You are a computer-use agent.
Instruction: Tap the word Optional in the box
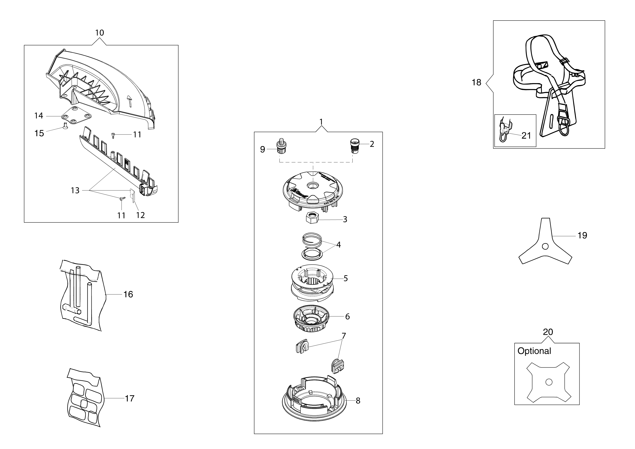point(534,351)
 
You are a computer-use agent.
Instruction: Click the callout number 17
point(130,398)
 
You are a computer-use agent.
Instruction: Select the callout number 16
point(128,294)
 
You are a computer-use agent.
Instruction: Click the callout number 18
point(476,82)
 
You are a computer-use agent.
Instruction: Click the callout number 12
point(140,215)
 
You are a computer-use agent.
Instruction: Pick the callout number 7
point(344,336)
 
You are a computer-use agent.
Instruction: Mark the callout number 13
point(75,190)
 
